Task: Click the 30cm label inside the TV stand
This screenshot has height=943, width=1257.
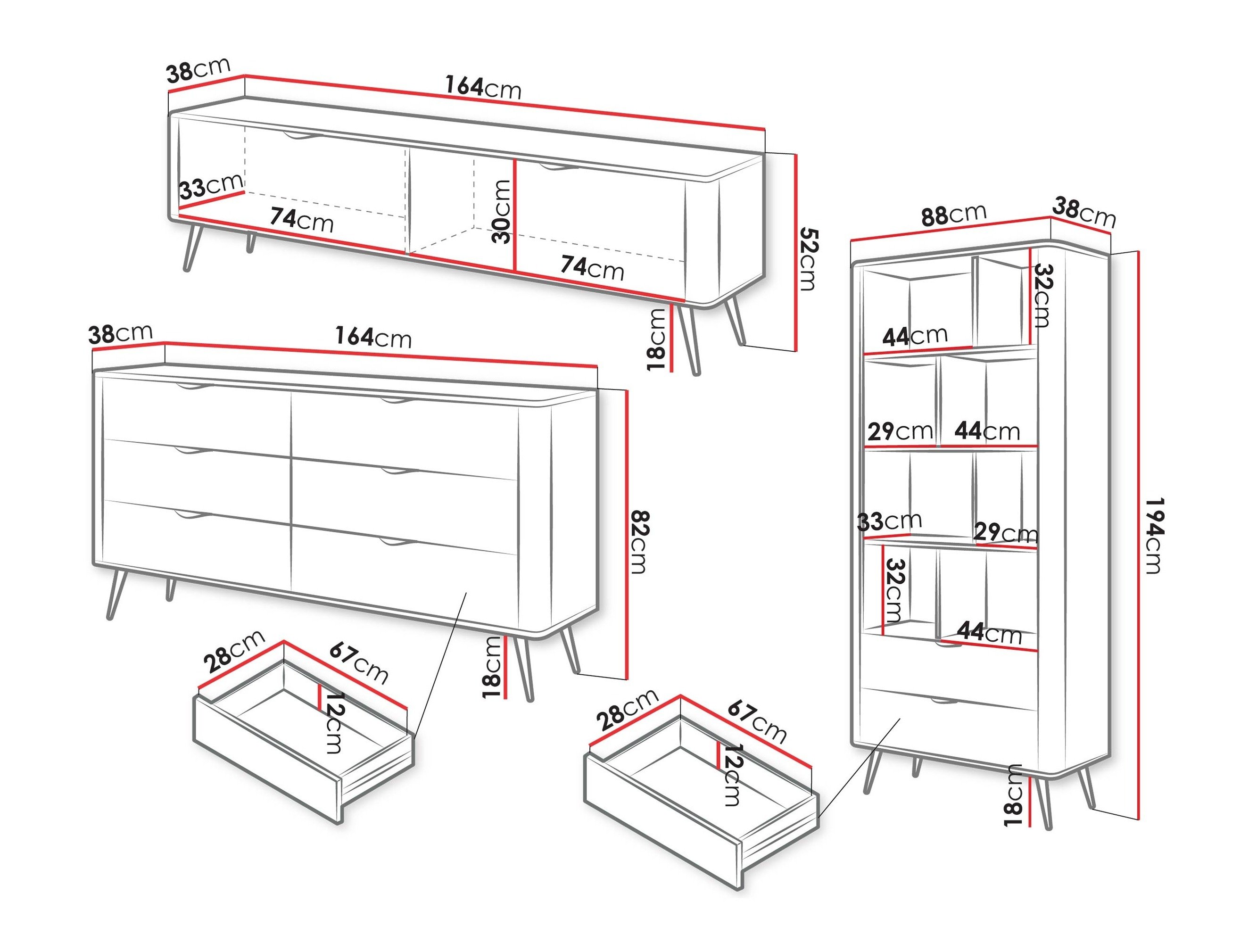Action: [502, 211]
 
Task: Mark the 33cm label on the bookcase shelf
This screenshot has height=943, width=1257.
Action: [889, 521]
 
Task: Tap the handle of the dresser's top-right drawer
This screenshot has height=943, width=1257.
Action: [399, 402]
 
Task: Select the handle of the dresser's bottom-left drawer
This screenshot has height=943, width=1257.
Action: [193, 515]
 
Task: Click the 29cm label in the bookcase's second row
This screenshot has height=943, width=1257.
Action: [900, 431]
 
